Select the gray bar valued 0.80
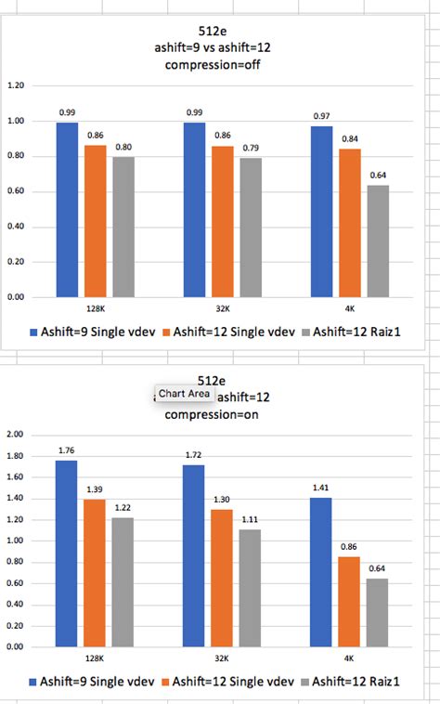tap(123, 228)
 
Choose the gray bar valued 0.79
tap(251, 228)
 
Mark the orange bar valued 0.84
tap(349, 223)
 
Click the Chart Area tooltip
tap(184, 395)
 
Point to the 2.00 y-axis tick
tap(16, 435)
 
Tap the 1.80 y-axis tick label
tap(16, 456)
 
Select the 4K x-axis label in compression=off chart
tap(349, 306)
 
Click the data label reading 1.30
tap(222, 500)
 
